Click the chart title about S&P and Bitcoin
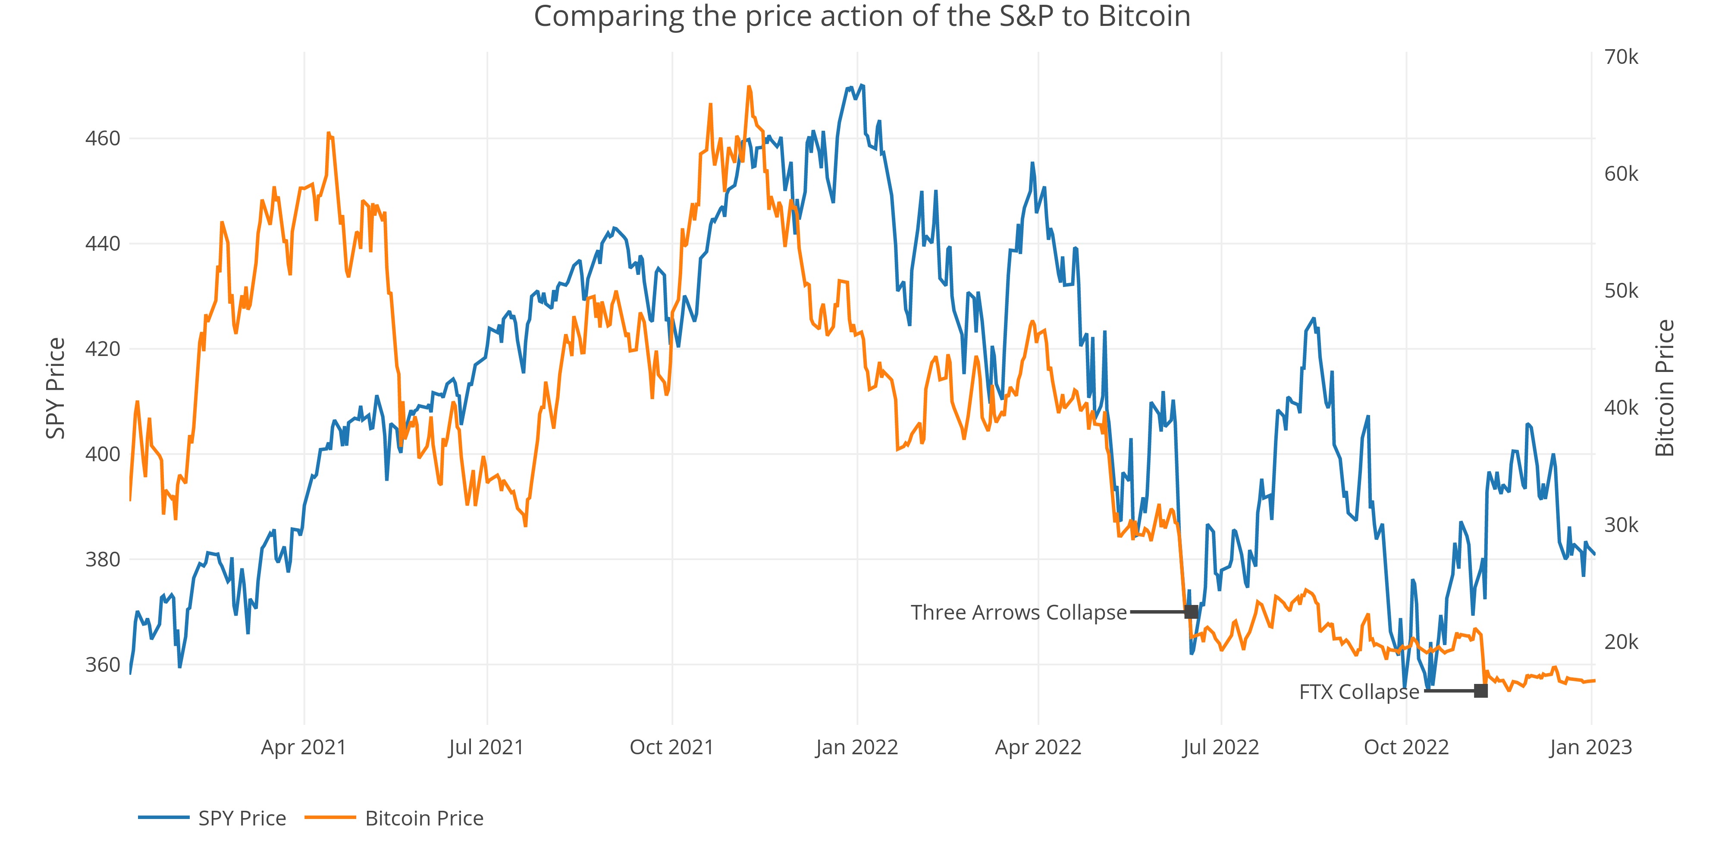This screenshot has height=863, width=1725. tap(862, 16)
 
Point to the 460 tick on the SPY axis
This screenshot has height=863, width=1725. tap(103, 139)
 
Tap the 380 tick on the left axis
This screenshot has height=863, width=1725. tap(103, 560)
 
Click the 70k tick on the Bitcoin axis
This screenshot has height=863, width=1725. tap(1621, 57)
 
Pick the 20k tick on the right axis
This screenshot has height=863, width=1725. tap(1621, 642)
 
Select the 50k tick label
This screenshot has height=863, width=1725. tap(1621, 291)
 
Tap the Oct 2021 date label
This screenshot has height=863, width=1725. tap(671, 747)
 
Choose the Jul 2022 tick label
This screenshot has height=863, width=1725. tap(1221, 747)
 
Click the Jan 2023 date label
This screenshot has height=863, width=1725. tap(1590, 747)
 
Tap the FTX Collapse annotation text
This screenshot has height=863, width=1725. tap(1359, 691)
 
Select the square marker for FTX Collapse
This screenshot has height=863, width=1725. tap(1480, 691)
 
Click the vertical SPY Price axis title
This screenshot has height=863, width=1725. tap(56, 389)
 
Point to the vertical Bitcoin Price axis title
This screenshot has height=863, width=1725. tap(1665, 389)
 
